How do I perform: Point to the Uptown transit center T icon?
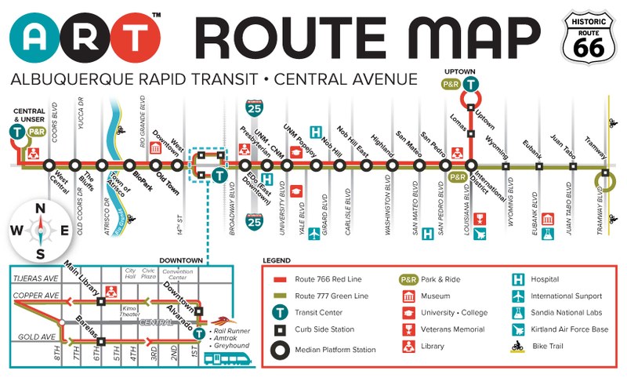[470, 85]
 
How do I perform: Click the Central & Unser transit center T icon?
[16, 132]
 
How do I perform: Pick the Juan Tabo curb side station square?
[573, 165]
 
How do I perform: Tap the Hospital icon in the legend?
[518, 278]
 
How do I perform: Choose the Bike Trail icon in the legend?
[518, 345]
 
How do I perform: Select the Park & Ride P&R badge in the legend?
[408, 278]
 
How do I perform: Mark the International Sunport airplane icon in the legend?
[518, 296]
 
